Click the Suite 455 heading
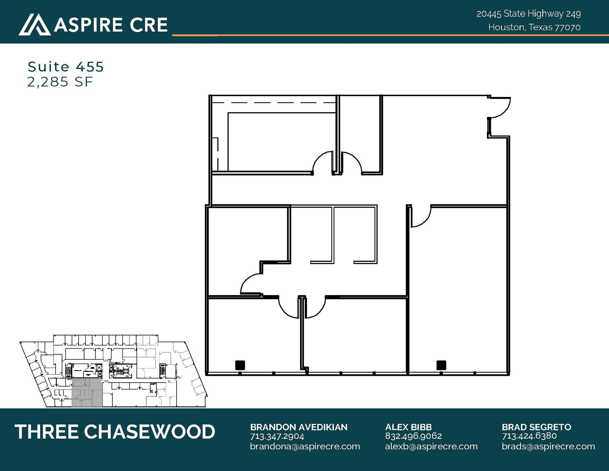(x=65, y=67)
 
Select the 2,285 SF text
(x=60, y=82)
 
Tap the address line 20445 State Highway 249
(x=528, y=14)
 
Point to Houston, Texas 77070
(x=534, y=27)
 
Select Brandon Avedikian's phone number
(x=277, y=436)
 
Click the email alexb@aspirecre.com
(x=431, y=446)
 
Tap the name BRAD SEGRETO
(x=536, y=427)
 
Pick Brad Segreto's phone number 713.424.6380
(x=529, y=436)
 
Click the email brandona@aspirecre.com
(x=305, y=446)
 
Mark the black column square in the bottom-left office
(x=240, y=365)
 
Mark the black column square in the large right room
(x=441, y=365)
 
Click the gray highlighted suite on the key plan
(x=87, y=392)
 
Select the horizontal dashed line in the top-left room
(x=274, y=103)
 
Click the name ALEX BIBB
(x=408, y=427)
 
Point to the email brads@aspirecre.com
(x=548, y=446)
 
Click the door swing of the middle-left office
(x=250, y=284)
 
